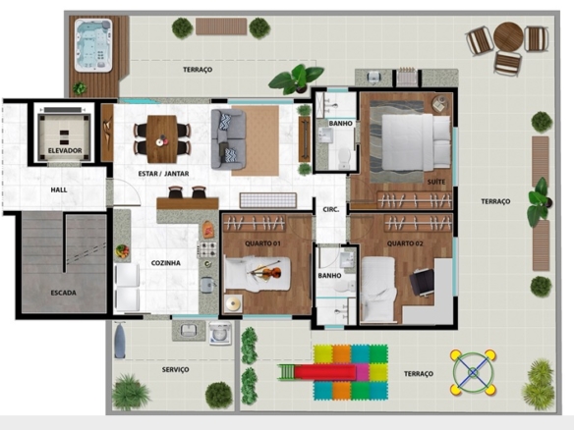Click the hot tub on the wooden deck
tap(93, 45)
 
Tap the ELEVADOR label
tap(65, 150)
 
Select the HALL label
tap(59, 189)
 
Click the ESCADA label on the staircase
tap(63, 293)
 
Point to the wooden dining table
tap(162, 139)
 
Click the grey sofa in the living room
tap(228, 139)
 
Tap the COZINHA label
tap(166, 263)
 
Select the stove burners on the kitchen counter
tap(207, 249)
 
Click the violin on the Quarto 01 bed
tap(264, 271)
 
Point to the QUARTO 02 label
tap(405, 243)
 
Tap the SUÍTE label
tap(436, 182)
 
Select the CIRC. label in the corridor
tap(331, 210)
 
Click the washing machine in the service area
tap(220, 333)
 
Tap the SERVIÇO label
tap(175, 370)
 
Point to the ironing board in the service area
tap(120, 340)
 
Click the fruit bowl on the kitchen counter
tap(122, 251)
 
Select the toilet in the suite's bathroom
tap(344, 159)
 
